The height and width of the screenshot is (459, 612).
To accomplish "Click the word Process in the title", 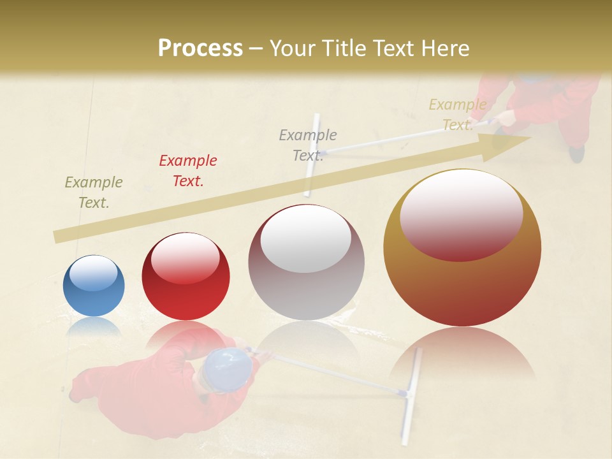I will click(200, 48).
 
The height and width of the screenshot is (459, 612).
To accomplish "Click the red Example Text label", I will click(188, 171).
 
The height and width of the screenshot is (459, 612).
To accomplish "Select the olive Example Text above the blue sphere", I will click(94, 193).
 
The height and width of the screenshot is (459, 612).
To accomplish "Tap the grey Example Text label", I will click(308, 145).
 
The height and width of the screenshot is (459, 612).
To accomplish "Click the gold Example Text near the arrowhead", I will click(457, 115).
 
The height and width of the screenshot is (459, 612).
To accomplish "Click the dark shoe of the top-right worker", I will click(577, 154).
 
